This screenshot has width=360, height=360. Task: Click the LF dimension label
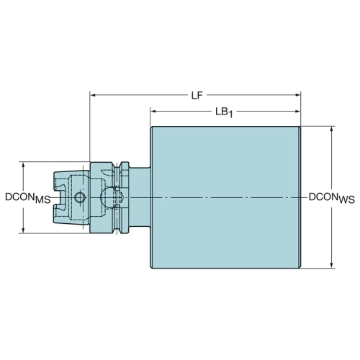coord(197,96)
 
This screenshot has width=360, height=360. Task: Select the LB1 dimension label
coord(224,112)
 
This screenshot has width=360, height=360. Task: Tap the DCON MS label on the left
coord(28,198)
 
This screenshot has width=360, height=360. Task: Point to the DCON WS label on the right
coord(332,198)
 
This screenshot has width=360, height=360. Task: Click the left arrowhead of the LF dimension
coord(93,95)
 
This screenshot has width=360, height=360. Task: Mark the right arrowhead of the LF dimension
coord(297,95)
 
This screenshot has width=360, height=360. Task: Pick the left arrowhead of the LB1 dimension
coord(153,112)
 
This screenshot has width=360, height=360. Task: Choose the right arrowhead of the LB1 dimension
coord(297,111)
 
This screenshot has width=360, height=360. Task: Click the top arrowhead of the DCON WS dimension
coord(332,130)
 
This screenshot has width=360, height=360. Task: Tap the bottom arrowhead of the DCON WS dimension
coord(332,265)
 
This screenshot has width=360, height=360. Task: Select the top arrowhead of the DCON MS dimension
coord(23,165)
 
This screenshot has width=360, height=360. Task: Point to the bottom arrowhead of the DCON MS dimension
coord(23,230)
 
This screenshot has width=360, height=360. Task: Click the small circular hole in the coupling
coord(80,198)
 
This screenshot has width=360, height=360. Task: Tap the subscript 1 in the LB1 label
coord(230,114)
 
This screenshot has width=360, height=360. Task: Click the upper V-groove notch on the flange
coord(117,166)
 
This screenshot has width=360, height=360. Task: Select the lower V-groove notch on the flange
coord(117,230)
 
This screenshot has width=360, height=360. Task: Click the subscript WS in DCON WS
coord(347,200)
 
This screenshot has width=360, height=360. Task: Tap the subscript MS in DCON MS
coord(43,200)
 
